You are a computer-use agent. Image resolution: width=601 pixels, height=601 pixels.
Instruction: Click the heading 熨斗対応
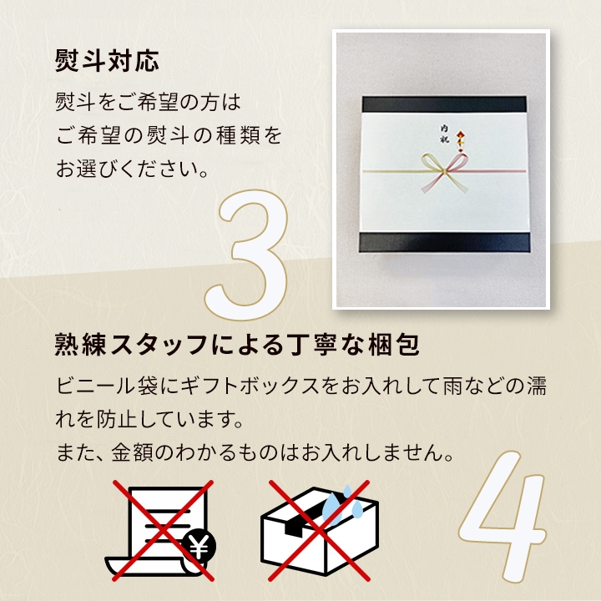pos(107,61)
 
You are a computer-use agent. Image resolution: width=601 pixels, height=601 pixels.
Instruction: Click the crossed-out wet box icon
pos(318,529)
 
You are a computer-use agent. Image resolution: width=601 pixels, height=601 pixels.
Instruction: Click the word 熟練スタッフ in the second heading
pos(129,344)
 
